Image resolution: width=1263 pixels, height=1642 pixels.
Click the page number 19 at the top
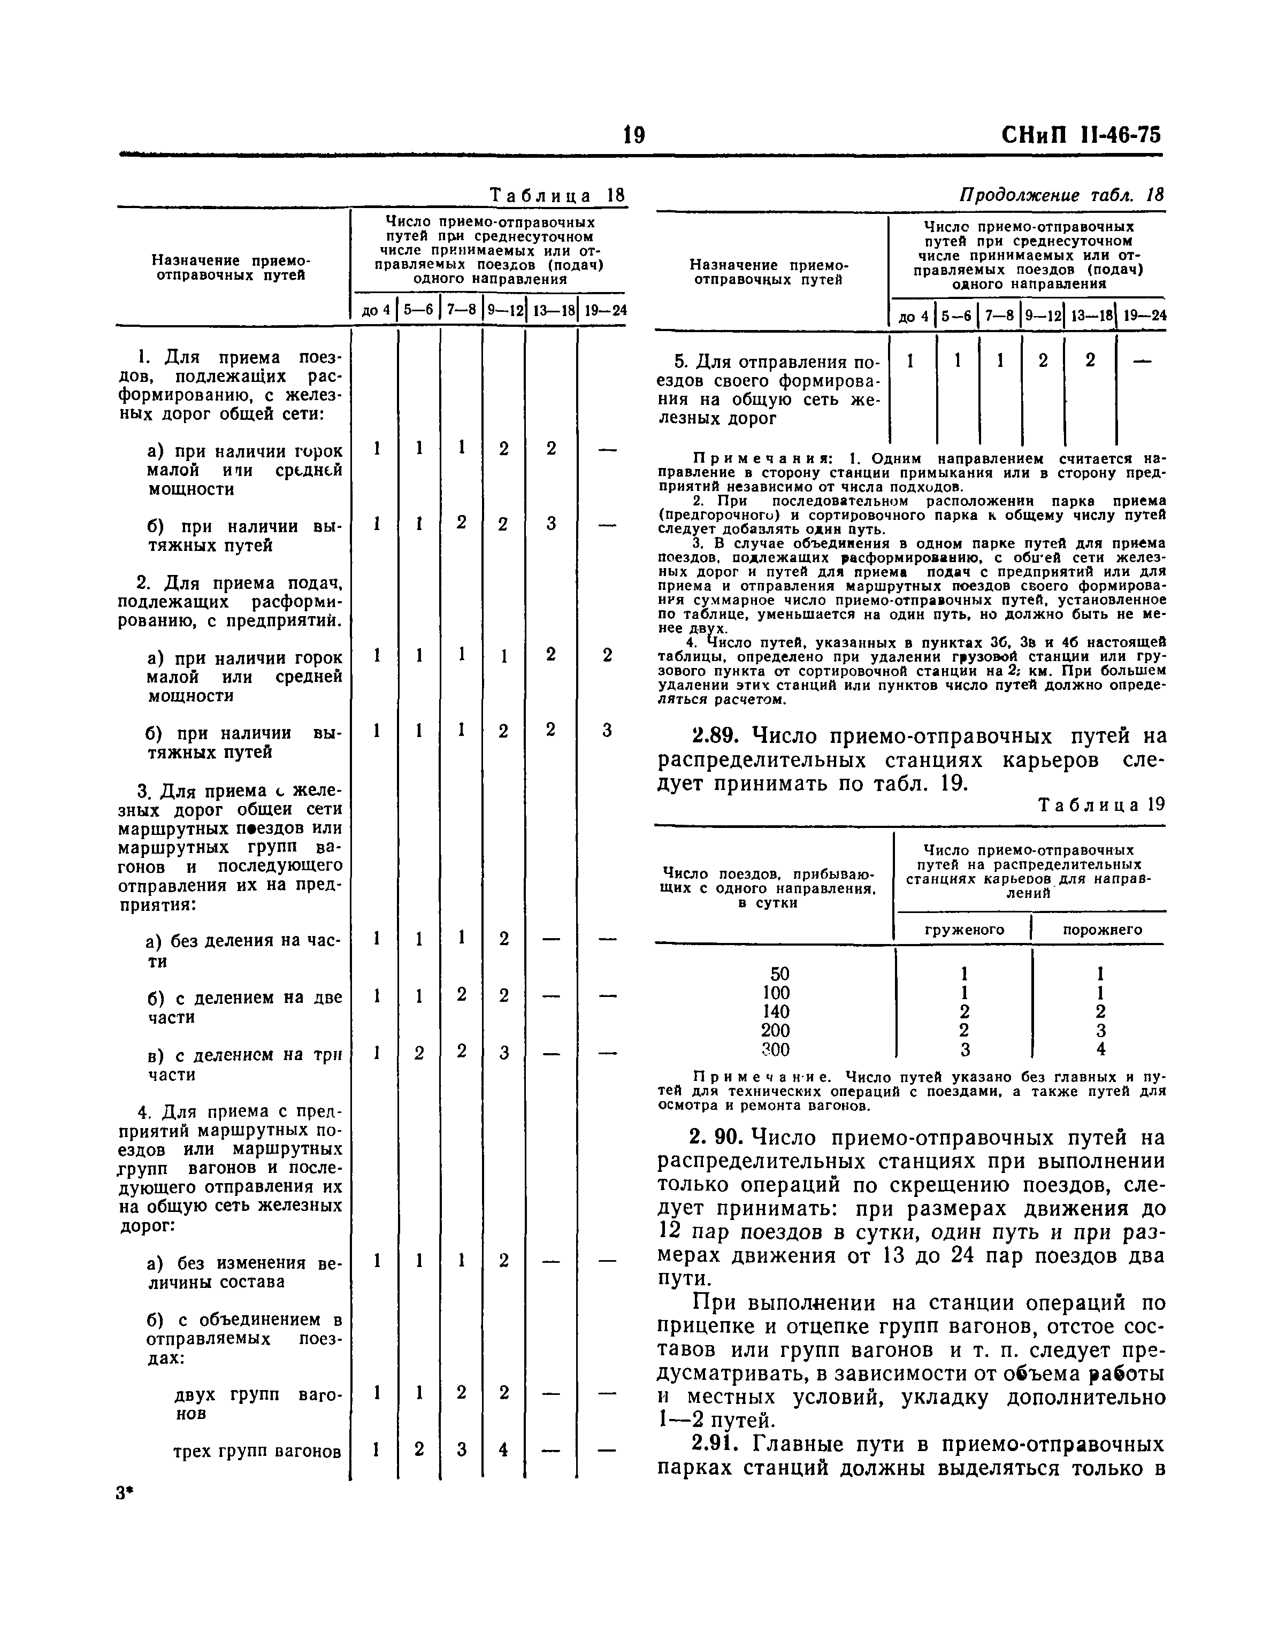tap(634, 135)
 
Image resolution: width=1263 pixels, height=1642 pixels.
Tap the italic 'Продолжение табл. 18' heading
tap(1061, 195)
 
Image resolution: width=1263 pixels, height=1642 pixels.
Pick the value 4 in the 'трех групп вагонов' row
tap(503, 1449)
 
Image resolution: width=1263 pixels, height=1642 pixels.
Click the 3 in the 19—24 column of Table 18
tap(607, 731)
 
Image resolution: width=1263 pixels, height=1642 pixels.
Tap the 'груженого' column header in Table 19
tap(964, 930)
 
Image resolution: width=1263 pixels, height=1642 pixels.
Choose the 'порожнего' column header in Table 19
tap(1102, 930)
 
